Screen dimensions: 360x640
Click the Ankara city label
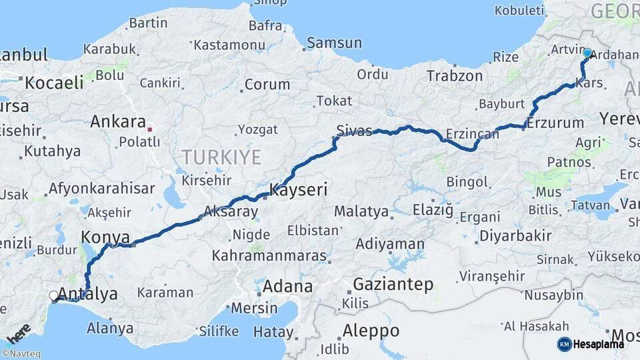[x=117, y=122]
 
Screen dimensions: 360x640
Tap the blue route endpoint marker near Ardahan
[x=587, y=53]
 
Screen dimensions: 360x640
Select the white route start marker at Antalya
[x=54, y=295]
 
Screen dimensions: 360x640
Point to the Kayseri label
[x=299, y=191]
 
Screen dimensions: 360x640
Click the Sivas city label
[x=354, y=131]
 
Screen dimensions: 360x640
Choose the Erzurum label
[x=555, y=123]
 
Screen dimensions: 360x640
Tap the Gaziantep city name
[x=393, y=285]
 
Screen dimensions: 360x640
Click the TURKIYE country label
[x=222, y=157]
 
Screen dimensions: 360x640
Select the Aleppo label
[x=371, y=331]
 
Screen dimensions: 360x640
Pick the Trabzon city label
[x=454, y=76]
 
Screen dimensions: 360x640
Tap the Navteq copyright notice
[x=21, y=354]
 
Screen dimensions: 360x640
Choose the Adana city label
[x=287, y=287]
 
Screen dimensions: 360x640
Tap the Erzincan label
[x=473, y=135]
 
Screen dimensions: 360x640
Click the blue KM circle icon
[x=565, y=344]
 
